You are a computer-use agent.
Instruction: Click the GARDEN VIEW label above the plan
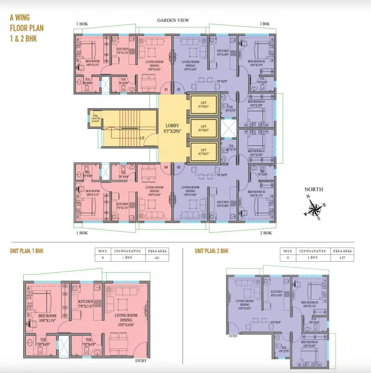(173, 20)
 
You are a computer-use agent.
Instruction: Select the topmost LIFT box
(203, 105)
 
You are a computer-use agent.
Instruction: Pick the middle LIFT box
(203, 128)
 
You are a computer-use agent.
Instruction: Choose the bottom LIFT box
(203, 152)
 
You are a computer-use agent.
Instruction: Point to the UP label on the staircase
(142, 138)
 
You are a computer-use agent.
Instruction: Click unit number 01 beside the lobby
(166, 90)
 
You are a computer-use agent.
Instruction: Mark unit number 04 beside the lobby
(166, 168)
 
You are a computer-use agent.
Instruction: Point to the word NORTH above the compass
(314, 189)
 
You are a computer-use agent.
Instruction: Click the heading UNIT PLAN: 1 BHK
(27, 251)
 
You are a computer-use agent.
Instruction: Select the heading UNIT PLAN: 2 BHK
(212, 251)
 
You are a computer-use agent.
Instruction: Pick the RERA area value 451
(157, 257)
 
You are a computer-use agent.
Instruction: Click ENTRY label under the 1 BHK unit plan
(141, 361)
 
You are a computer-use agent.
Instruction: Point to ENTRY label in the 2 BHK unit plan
(233, 336)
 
